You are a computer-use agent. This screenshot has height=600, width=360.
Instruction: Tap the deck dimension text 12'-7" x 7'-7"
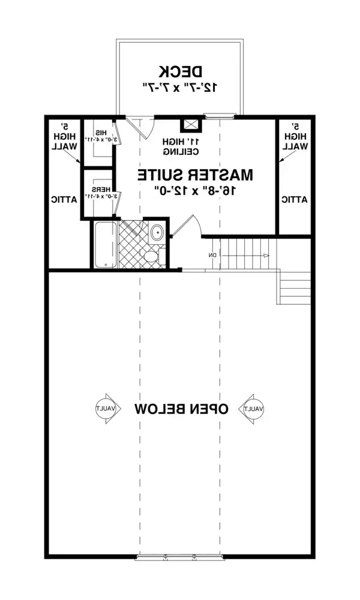point(179,86)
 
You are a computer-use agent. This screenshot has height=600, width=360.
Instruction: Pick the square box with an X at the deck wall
point(192,124)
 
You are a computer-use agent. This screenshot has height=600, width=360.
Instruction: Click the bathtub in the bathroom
point(104,245)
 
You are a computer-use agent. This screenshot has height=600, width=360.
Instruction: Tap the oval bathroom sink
point(156,232)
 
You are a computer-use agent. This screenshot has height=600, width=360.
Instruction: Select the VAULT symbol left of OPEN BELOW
point(108,408)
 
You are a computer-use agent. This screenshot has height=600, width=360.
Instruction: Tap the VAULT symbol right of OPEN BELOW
point(254,408)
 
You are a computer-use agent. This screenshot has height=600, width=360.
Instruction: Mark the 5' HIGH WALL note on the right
point(295,137)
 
